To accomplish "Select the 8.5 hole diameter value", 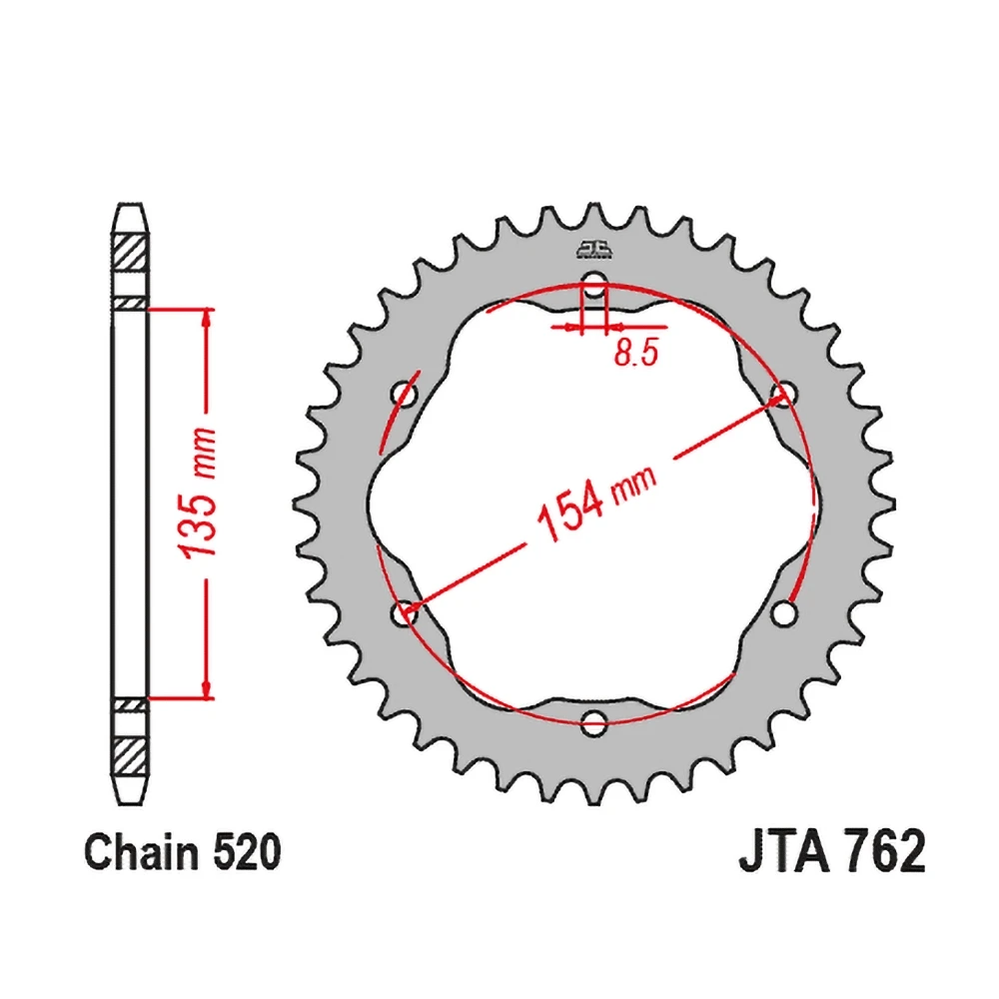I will pos(635,355).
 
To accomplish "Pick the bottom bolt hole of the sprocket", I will pos(594,721).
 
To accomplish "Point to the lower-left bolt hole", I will pos(405,614).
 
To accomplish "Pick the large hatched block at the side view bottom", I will pos(131,751).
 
